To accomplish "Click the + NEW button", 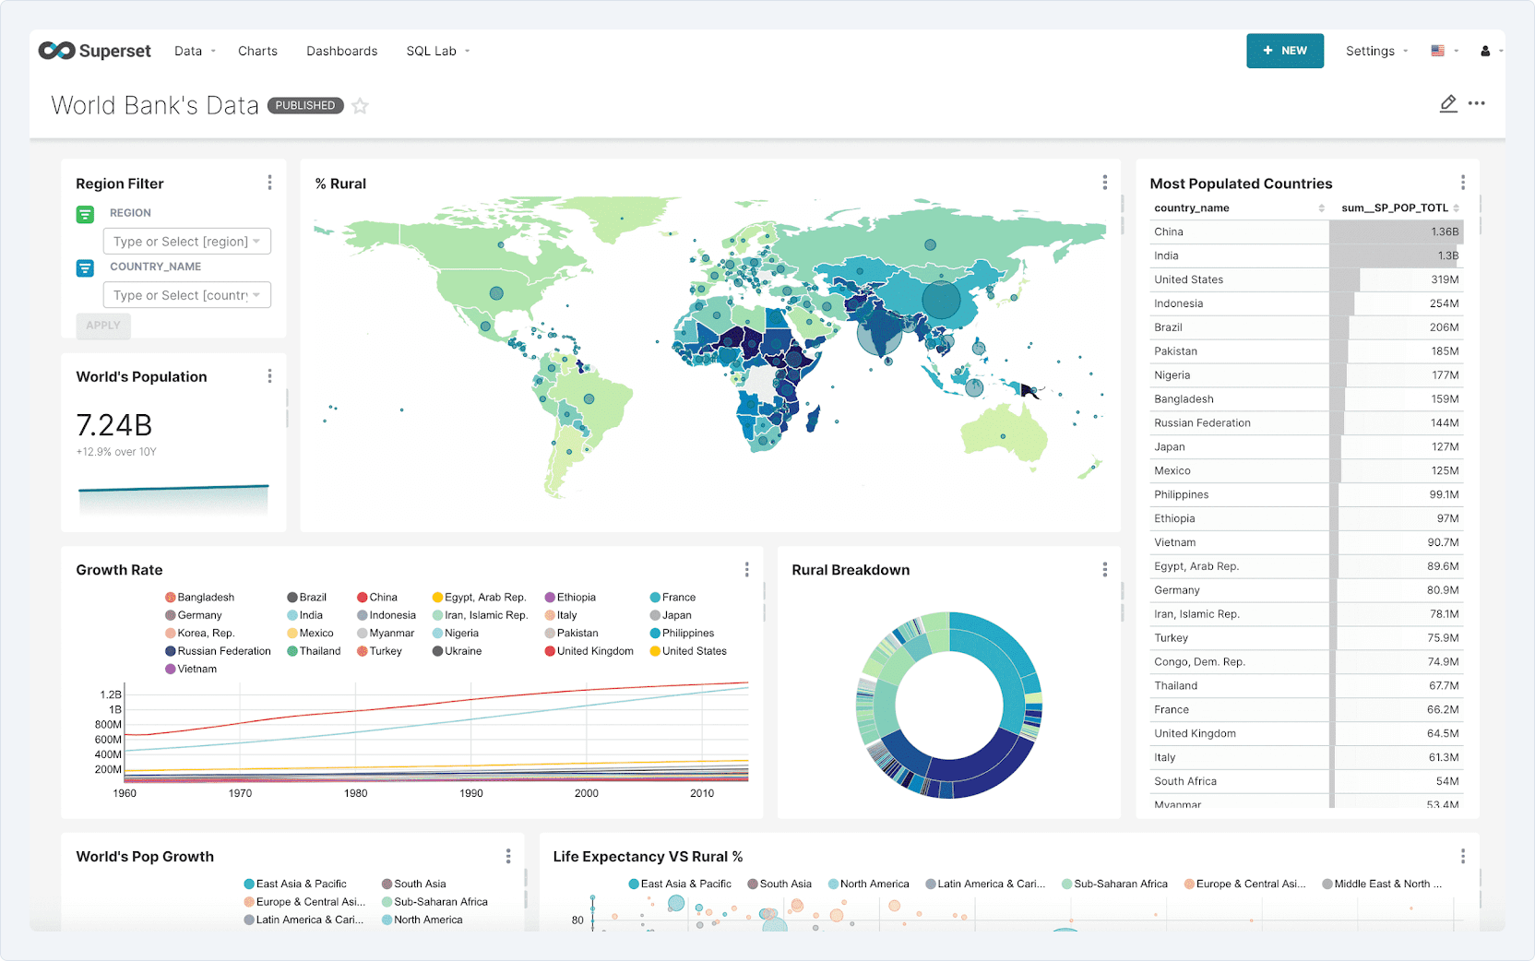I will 1284,51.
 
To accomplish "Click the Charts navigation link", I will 257,51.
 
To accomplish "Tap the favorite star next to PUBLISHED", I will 361,106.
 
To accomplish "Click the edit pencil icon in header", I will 1448,104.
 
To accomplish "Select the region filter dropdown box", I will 186,242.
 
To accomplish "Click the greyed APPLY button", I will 103,326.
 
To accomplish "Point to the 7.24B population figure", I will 114,425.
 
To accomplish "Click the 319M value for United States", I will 1444,279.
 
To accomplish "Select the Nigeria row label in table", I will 1172,375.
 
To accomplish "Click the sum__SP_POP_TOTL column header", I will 1394,208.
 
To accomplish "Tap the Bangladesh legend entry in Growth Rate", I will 205,598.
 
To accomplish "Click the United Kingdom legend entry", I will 594,651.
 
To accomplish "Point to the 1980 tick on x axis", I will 355,793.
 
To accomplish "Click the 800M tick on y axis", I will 108,725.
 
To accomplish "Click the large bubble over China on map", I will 941,300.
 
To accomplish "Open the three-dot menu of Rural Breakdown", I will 1104,570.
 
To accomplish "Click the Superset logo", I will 94,51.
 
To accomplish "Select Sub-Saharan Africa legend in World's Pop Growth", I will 440,902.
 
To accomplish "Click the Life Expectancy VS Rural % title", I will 648,857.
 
